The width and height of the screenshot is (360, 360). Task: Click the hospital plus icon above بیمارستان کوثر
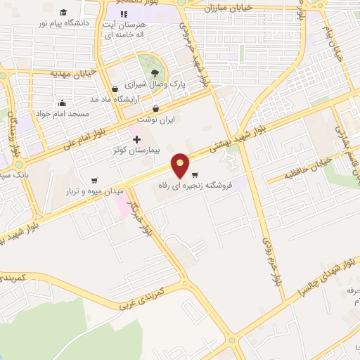[x=136, y=140]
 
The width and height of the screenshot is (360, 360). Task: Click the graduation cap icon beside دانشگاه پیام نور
[x=63, y=12]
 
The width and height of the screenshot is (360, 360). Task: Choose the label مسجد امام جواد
[x=65, y=112]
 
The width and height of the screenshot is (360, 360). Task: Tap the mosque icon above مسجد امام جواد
[x=62, y=103]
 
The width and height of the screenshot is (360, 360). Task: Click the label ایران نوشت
[x=157, y=120]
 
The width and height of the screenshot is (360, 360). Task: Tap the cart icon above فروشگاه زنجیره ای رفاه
[x=195, y=174]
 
